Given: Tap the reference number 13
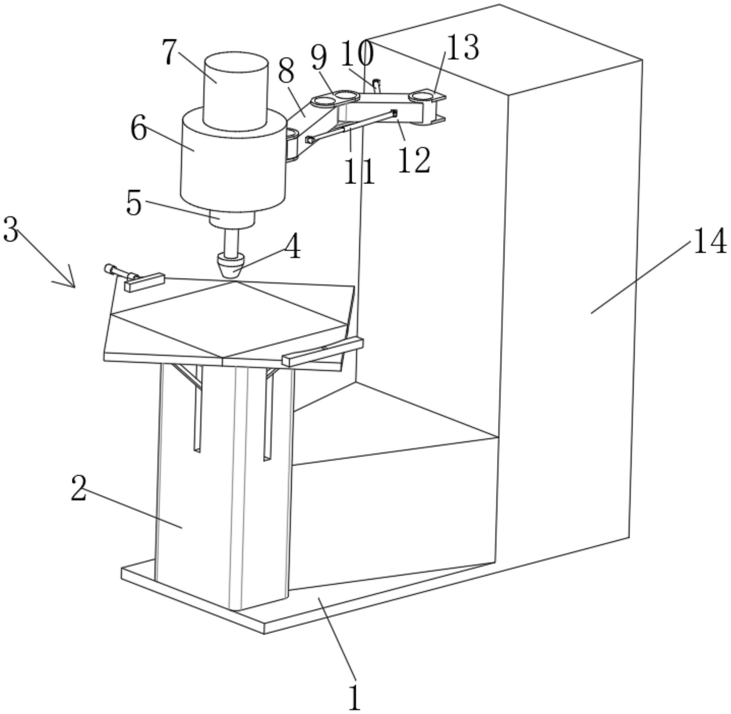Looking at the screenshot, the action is [x=463, y=48].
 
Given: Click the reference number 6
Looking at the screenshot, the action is [x=139, y=128].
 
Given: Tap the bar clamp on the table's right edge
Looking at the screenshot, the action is [x=322, y=351].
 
